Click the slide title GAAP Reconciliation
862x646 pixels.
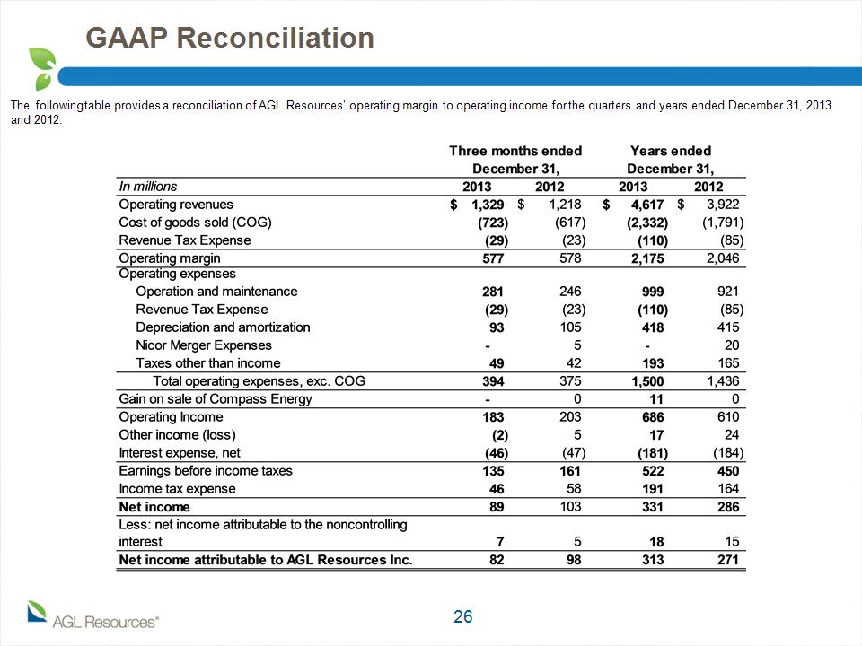[x=230, y=38]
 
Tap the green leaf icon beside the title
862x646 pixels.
[x=42, y=69]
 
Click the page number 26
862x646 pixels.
[x=463, y=617]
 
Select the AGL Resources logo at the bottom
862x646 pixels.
[x=92, y=615]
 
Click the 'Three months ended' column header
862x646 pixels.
[x=515, y=151]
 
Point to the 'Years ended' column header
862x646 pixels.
[x=671, y=151]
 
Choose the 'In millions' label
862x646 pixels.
[x=148, y=187]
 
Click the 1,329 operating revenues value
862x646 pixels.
[x=488, y=205]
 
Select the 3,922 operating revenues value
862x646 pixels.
[x=723, y=205]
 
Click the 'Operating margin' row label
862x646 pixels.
[x=170, y=258]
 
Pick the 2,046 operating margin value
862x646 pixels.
[x=723, y=258]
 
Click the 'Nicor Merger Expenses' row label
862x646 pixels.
[x=204, y=345]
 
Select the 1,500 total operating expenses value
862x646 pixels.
[x=647, y=381]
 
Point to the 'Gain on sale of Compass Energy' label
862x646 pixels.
[x=215, y=399]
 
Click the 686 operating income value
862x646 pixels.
[x=653, y=417]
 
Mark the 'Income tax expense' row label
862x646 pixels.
[x=177, y=489]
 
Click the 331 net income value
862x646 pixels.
[x=653, y=507]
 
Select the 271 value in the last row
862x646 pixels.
[x=728, y=560]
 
